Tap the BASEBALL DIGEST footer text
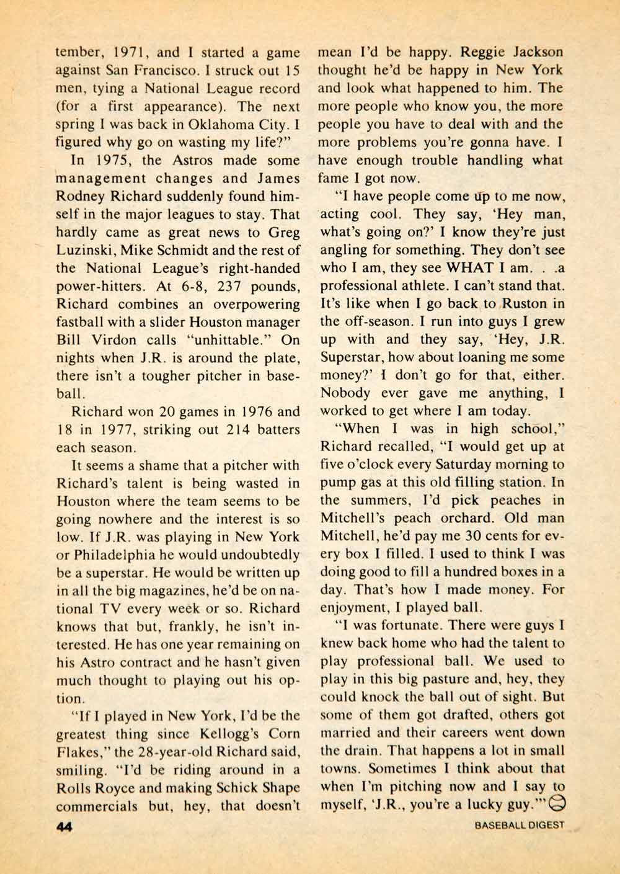pyautogui.click(x=520, y=825)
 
